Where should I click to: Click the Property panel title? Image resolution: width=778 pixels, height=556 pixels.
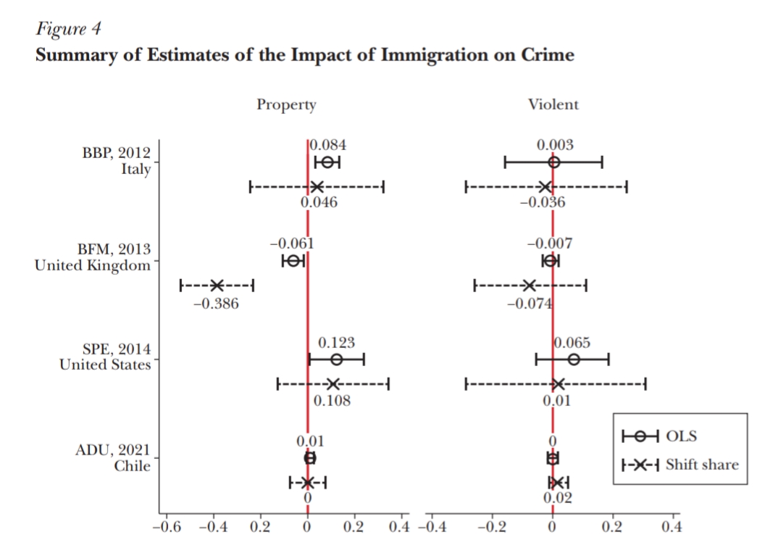(286, 104)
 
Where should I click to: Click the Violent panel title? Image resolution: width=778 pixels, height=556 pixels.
(553, 104)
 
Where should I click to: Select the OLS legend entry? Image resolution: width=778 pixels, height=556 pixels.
(681, 436)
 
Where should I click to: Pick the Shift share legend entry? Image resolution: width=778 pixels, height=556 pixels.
(702, 465)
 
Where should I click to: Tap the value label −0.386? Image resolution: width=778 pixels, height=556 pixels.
(216, 304)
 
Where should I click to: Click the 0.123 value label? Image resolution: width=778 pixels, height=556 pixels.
(337, 342)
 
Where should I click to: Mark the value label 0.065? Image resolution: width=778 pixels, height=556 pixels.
(572, 342)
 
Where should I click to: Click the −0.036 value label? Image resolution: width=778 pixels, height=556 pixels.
(543, 203)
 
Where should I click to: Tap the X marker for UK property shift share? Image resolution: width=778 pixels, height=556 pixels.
(216, 285)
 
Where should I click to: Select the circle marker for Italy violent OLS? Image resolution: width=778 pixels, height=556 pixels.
(554, 162)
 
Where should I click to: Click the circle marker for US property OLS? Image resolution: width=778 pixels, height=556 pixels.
(336, 360)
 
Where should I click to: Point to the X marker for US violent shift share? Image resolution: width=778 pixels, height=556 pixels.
(557, 383)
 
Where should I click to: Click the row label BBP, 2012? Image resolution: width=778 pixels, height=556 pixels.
(117, 153)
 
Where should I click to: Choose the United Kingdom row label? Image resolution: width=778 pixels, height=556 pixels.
(93, 265)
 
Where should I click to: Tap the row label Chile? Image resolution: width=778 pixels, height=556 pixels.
(133, 466)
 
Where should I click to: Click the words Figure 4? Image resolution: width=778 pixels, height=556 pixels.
(68, 30)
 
